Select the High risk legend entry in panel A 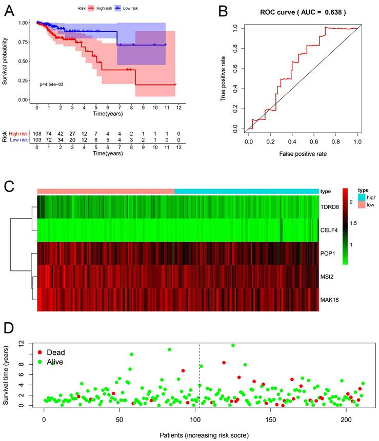tap(103, 9)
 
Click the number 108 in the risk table tap(37, 133)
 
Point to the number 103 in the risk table tap(37, 139)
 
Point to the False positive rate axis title tap(302, 153)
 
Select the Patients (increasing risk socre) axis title tap(197, 435)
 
